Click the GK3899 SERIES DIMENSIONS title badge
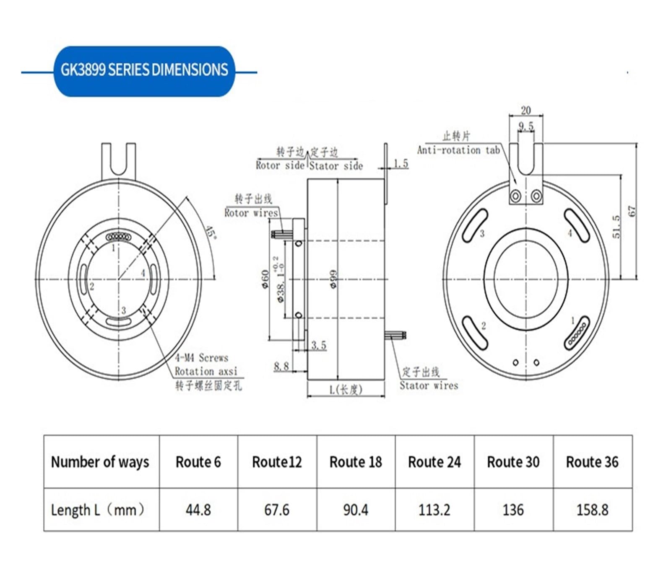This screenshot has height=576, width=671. click(x=144, y=70)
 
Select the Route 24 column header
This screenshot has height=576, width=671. click(x=434, y=462)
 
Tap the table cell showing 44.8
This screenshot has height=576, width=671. click(x=198, y=510)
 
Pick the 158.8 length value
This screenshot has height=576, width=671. click(x=592, y=510)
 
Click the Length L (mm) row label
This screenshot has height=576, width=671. click(x=97, y=510)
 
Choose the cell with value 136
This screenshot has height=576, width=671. click(x=513, y=510)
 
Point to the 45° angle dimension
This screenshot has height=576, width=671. click(x=211, y=233)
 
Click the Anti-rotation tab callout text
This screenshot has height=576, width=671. click(x=458, y=150)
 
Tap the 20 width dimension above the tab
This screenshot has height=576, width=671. click(x=525, y=110)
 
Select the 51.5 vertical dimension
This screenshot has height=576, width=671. click(x=616, y=227)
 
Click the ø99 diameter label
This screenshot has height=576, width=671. click(x=334, y=279)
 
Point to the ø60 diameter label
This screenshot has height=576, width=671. click(x=265, y=279)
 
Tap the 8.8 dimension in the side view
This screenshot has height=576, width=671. click(x=281, y=366)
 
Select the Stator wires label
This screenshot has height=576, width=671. click(x=429, y=385)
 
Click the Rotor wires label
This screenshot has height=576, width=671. click(x=251, y=213)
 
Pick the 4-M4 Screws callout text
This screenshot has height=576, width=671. click(x=201, y=358)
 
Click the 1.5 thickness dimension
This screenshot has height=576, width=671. click(x=401, y=163)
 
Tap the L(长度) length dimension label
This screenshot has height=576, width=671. click(x=346, y=390)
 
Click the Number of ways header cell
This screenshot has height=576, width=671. click(x=100, y=462)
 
